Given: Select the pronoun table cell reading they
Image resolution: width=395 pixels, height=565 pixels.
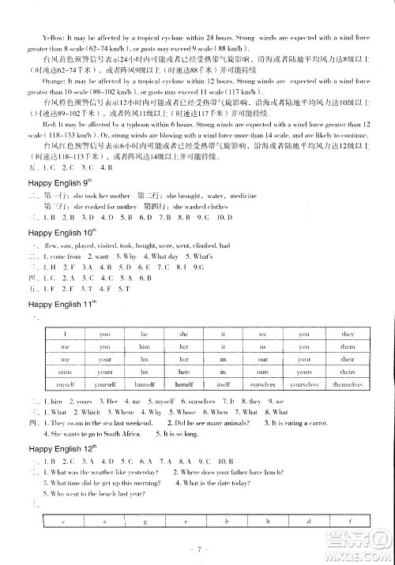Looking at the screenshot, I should pyautogui.click(x=348, y=335).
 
